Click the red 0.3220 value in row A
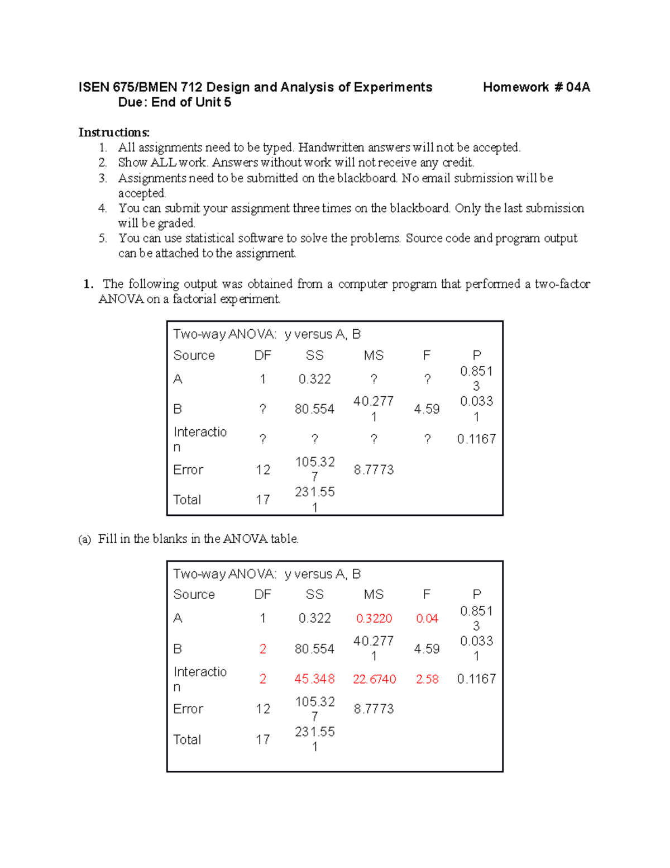click(374, 618)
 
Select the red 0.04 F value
click(427, 618)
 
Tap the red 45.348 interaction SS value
click(314, 679)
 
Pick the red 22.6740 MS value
click(374, 679)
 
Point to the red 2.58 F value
click(427, 679)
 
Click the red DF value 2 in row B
click(262, 649)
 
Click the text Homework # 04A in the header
click(536, 87)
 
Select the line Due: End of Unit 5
click(174, 102)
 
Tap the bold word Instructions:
click(114, 132)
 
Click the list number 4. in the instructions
click(103, 208)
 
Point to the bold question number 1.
click(88, 284)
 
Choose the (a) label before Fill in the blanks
click(84, 539)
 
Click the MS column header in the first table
click(374, 355)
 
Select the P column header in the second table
click(476, 595)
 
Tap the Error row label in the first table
click(188, 470)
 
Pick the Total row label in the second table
click(187, 739)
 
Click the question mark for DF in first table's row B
click(262, 409)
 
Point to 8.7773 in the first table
click(374, 470)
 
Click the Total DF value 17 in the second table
click(262, 739)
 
